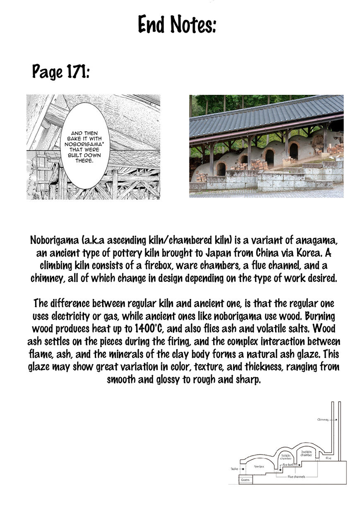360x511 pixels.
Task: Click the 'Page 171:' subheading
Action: click(61, 72)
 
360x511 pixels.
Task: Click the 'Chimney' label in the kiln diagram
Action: click(323, 419)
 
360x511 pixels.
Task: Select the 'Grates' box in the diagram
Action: click(245, 480)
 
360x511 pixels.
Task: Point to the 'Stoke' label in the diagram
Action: click(234, 469)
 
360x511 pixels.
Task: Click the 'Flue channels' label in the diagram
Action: click(296, 477)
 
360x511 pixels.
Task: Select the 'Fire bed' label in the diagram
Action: click(288, 465)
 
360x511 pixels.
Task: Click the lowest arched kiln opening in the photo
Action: click(221, 169)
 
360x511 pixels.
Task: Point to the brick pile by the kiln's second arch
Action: click(259, 164)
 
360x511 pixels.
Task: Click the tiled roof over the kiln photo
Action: click(265, 114)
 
